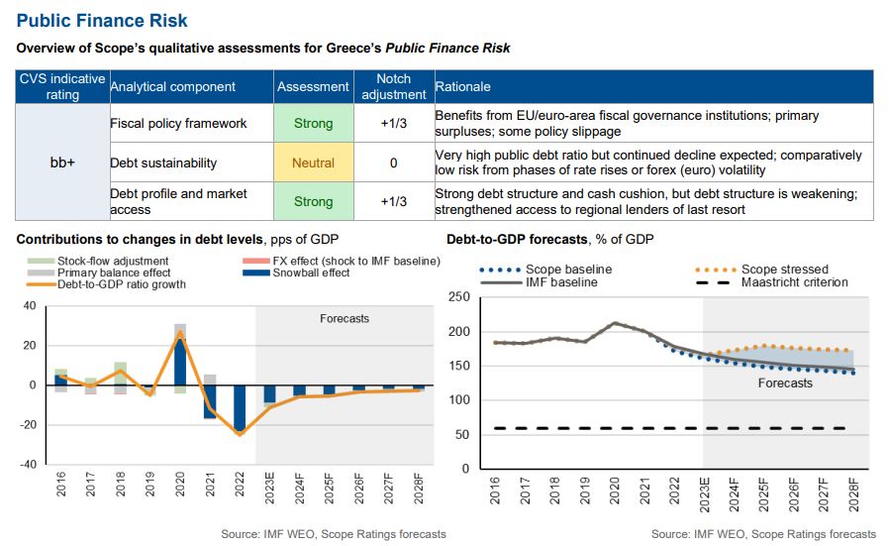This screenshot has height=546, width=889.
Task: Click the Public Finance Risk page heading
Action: coord(102,21)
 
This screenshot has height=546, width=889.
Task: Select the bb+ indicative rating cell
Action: coord(63,163)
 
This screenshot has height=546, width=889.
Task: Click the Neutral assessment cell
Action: coord(313,163)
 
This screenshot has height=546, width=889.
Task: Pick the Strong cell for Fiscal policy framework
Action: coord(313,124)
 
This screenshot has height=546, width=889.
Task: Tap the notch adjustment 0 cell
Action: coord(393,163)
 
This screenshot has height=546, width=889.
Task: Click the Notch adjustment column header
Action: coord(393,86)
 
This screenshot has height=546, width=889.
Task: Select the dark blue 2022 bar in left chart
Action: coord(240,408)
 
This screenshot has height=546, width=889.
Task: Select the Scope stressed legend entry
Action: coord(783,269)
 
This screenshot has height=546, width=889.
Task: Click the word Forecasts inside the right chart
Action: coord(785,382)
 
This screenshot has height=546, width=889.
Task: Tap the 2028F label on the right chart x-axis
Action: coord(853,491)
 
